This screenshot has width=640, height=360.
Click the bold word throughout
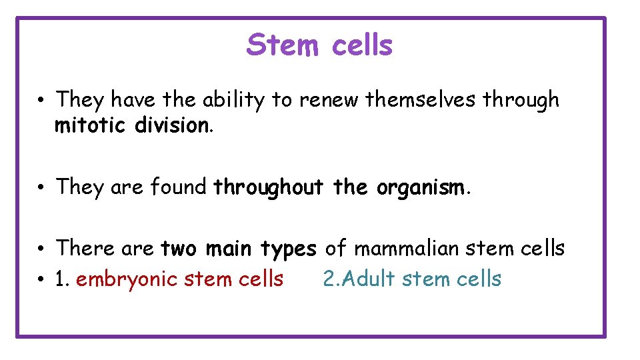point(267,187)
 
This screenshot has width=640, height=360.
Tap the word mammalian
point(406,248)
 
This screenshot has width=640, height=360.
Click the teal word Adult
point(368,279)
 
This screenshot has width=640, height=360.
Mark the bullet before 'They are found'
point(41,188)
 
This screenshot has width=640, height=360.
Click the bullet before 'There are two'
point(41,249)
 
